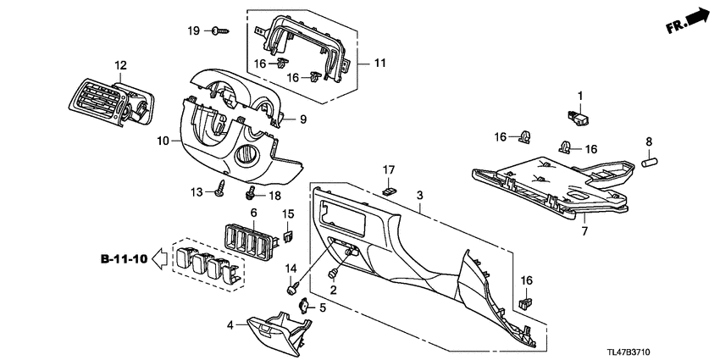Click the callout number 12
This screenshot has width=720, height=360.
pyautogui.click(x=119, y=65)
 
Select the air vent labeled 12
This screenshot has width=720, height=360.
pyautogui.click(x=109, y=103)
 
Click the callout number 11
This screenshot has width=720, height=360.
pyautogui.click(x=379, y=63)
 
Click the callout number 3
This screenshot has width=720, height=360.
pyautogui.click(x=418, y=196)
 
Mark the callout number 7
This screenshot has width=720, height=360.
pyautogui.click(x=584, y=230)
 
